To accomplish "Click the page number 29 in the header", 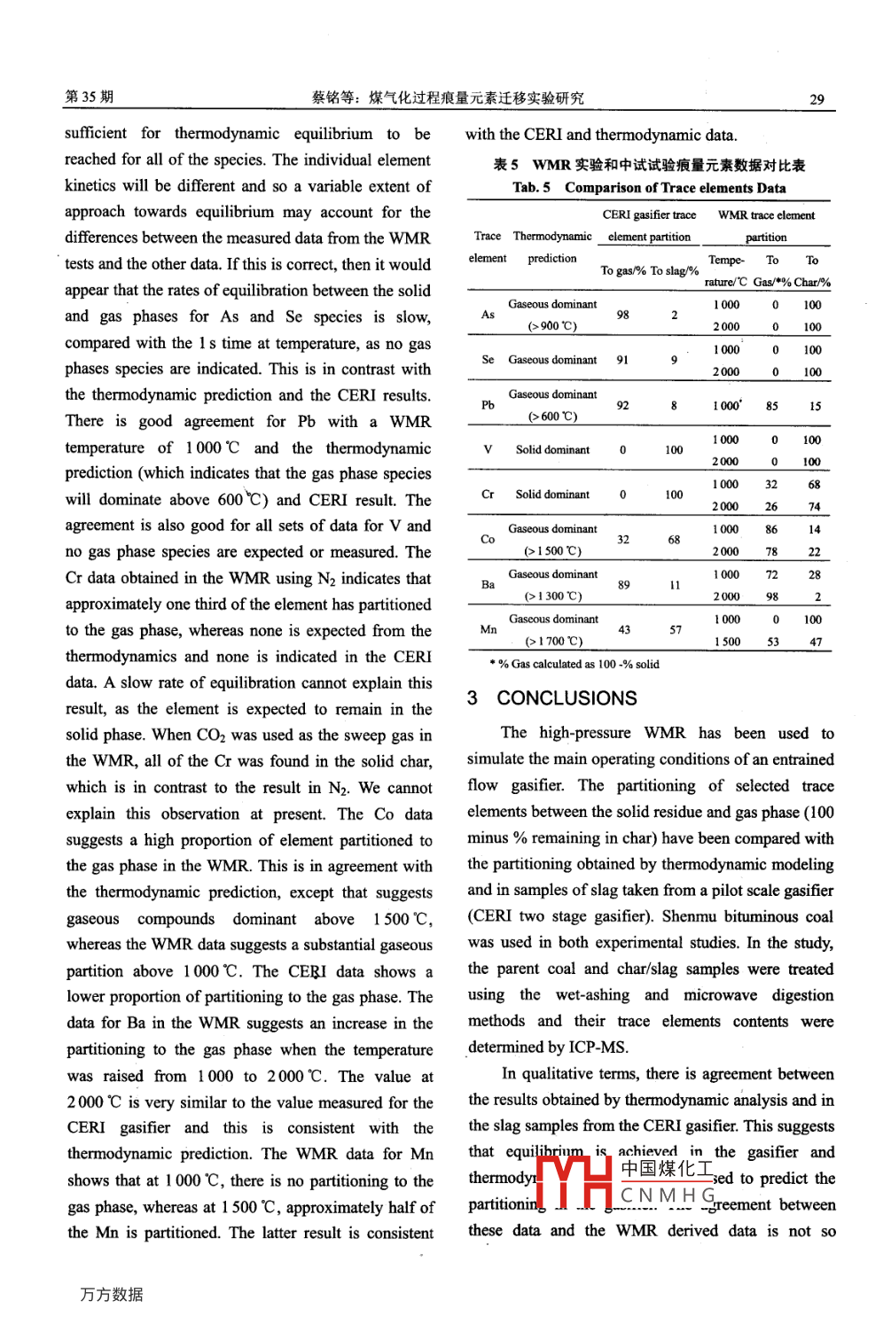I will click(x=817, y=99).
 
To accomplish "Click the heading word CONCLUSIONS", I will click(x=567, y=698).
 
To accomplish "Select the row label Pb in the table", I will click(x=488, y=405).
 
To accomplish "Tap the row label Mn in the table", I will click(x=488, y=629).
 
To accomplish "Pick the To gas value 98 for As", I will click(x=622, y=315).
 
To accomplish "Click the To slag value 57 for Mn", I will click(x=675, y=629).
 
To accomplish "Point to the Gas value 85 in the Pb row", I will click(x=772, y=406).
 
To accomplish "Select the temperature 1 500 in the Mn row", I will click(x=726, y=642).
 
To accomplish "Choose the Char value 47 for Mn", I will click(x=815, y=642).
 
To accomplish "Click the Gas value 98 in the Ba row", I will click(x=772, y=596).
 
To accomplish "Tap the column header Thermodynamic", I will click(x=552, y=236).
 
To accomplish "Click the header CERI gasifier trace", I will click(x=649, y=214).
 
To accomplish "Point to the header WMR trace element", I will click(x=766, y=214).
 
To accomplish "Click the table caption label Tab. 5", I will click(x=531, y=188).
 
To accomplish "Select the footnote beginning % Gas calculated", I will click(x=577, y=664).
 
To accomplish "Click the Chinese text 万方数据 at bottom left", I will click(x=111, y=1294).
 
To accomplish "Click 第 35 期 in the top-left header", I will click(x=89, y=97).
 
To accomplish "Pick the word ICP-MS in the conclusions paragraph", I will click(x=598, y=1047).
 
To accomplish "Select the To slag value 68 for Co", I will click(x=674, y=539).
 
